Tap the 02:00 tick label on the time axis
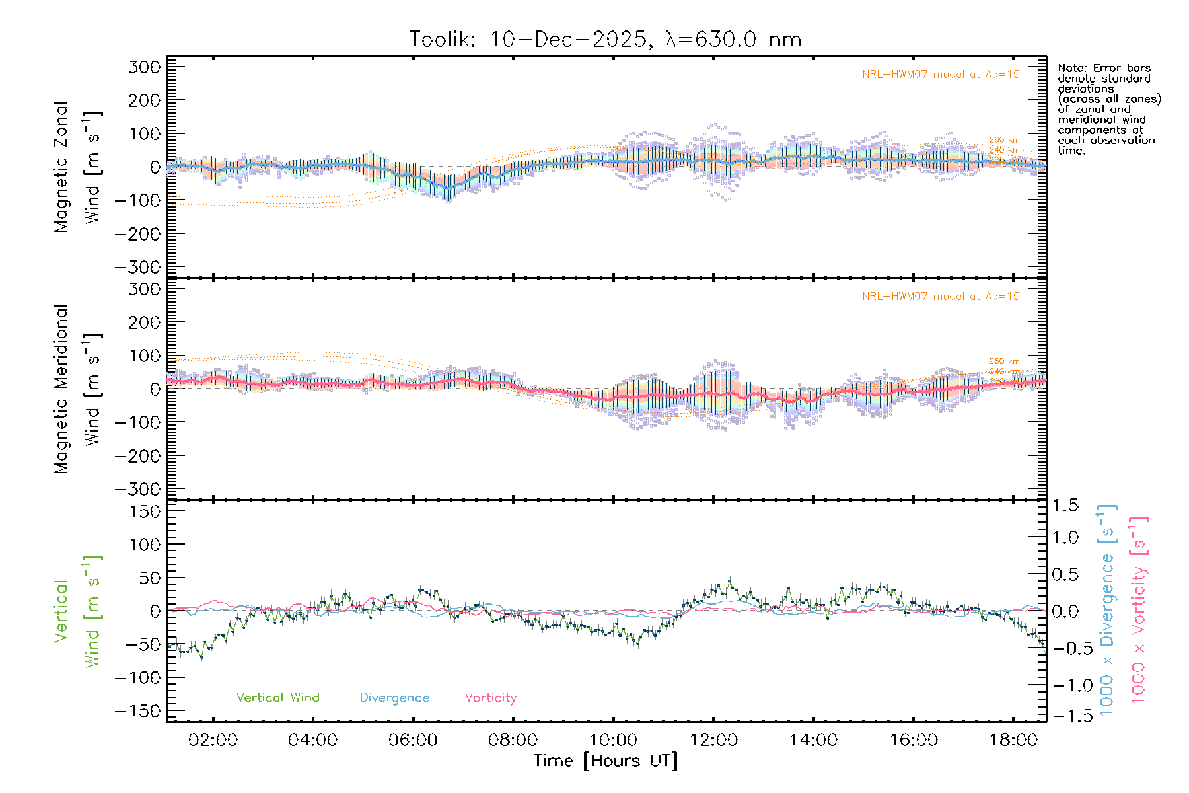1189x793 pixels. (213, 740)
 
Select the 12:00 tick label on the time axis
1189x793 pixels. (713, 740)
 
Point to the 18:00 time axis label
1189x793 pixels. (1013, 740)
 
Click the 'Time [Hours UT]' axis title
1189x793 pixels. (606, 761)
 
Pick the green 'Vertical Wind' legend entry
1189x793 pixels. (277, 698)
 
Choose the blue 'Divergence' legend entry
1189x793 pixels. (394, 698)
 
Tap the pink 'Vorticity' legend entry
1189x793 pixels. (490, 698)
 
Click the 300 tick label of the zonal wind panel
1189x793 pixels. (145, 67)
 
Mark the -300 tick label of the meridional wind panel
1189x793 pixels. (138, 489)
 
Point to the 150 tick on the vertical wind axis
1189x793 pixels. (145, 511)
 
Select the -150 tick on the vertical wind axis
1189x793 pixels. (138, 711)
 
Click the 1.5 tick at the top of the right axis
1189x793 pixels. (1065, 506)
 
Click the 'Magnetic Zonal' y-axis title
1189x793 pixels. (61, 167)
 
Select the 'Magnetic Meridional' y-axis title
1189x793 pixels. (61, 389)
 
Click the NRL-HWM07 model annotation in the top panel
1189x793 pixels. (941, 75)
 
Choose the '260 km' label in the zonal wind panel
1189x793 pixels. (1004, 140)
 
